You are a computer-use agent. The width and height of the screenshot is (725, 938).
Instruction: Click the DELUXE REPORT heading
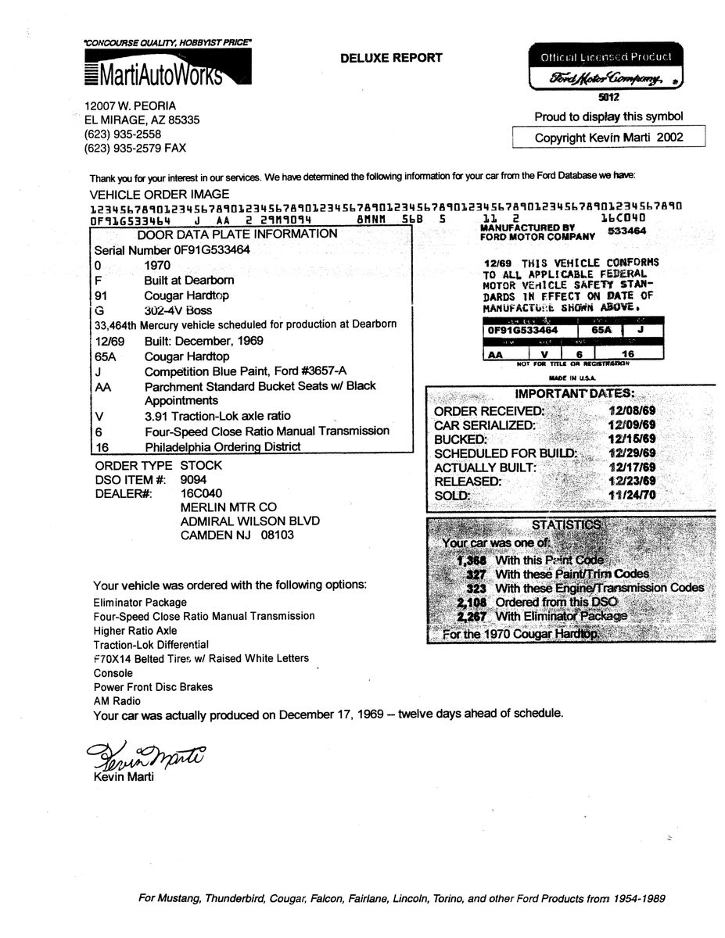391,57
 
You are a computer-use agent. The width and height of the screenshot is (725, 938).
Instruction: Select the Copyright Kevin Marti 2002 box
608,138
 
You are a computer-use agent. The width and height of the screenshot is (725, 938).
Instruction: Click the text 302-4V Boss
178,310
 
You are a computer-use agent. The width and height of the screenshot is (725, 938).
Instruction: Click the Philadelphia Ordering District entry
223,447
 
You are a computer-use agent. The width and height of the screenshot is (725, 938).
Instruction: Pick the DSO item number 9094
193,479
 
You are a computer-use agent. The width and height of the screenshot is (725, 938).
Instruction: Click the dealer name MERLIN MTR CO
228,507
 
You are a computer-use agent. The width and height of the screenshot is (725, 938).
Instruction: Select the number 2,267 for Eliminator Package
472,616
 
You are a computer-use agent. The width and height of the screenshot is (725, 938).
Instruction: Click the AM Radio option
117,701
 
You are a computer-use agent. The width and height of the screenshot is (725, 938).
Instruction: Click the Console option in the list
113,672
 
